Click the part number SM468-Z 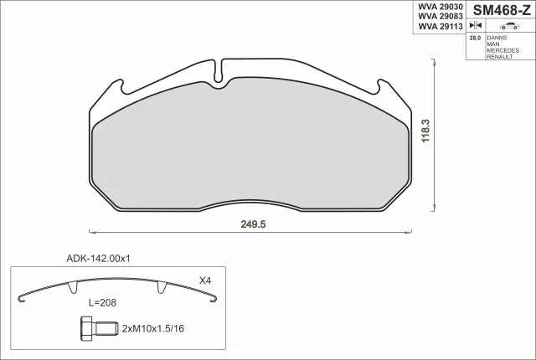coord(502,11)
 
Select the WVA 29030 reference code coord(441,7)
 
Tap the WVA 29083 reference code coord(441,17)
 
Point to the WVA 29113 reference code coord(441,26)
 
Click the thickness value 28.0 coord(475,38)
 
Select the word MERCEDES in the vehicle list coord(502,50)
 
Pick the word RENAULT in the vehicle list coord(500,57)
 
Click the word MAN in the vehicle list coord(493,44)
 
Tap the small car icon coord(509,26)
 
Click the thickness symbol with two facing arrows coord(476,25)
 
